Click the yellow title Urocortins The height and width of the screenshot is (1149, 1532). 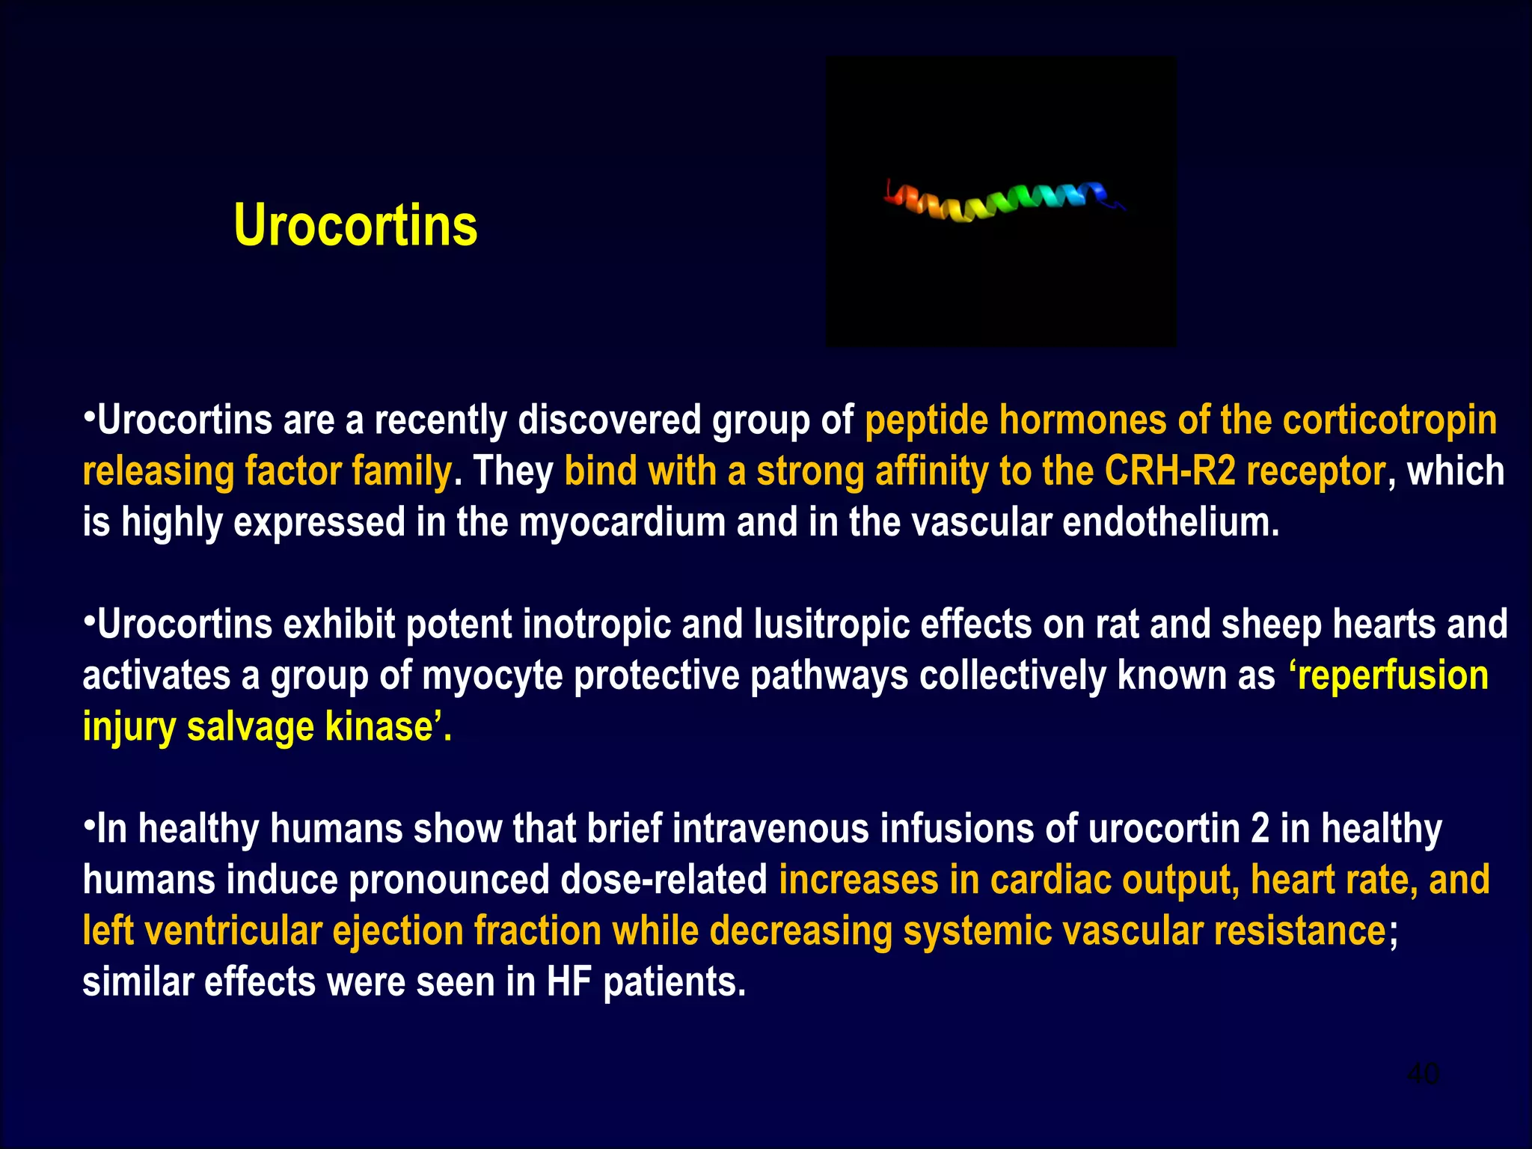pos(355,225)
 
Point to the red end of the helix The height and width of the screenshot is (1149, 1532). pos(892,196)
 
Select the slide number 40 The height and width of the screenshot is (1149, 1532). pos(1422,1074)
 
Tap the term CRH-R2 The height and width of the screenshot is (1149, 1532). pos(1170,471)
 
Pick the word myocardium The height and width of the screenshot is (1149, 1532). pos(622,522)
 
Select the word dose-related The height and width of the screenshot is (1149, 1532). pos(664,880)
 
